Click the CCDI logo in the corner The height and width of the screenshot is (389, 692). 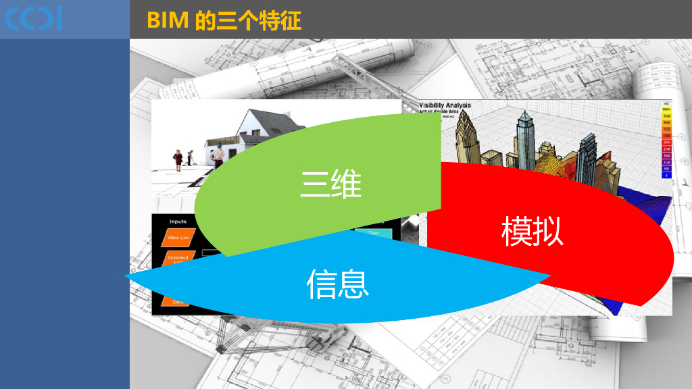coord(33,19)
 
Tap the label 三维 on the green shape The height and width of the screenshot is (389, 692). coord(331,184)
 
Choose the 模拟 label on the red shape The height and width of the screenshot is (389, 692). coord(533,232)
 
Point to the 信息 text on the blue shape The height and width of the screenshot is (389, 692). coord(338,284)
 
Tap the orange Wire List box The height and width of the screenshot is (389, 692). coord(179,238)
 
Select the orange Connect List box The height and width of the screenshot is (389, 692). coord(178,259)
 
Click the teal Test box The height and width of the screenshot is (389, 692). coord(374,232)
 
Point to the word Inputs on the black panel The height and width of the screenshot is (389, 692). coord(178,222)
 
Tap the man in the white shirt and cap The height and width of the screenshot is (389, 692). coord(218,155)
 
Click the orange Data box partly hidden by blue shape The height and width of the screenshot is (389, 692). coord(177,301)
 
